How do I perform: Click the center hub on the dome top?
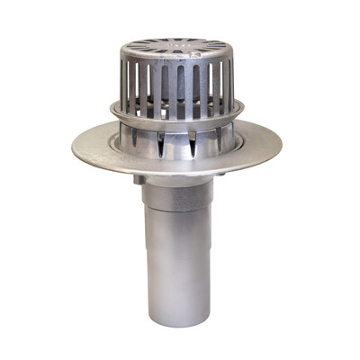tap(176, 46)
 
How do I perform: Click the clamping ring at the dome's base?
tap(176, 121)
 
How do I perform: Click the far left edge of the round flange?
tap(74, 143)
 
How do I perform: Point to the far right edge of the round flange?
tap(280, 141)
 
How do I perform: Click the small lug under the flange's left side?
tap(139, 179)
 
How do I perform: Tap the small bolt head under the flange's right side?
tap(221, 176)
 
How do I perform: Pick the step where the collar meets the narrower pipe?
tap(177, 212)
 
